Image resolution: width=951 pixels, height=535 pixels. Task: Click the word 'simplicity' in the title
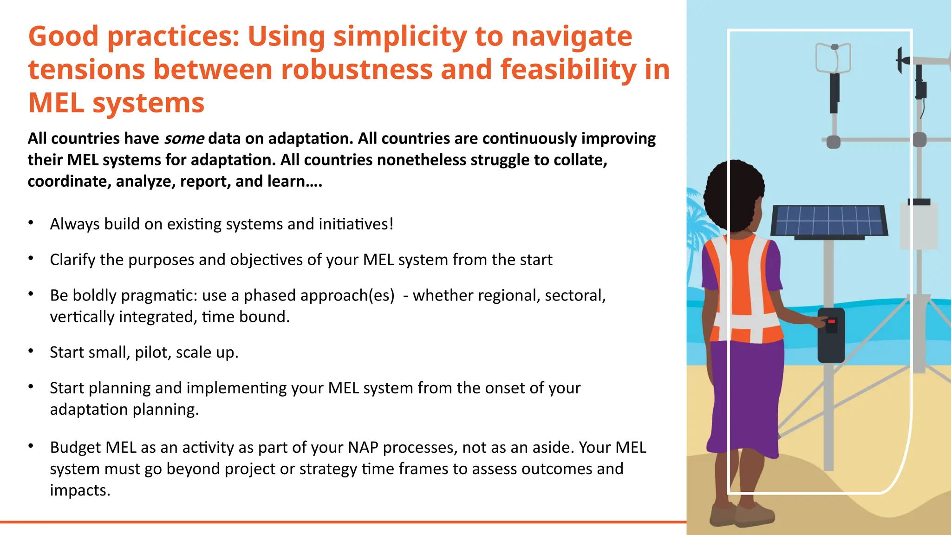[x=399, y=36]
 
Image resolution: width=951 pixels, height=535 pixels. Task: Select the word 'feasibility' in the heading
[x=568, y=70]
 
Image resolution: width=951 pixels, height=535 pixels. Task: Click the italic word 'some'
[x=184, y=138]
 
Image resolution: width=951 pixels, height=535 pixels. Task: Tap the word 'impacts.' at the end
[x=80, y=490]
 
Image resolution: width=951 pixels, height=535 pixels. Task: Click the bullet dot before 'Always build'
[x=31, y=223]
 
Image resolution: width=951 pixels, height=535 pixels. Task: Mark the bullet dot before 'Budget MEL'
[x=31, y=446]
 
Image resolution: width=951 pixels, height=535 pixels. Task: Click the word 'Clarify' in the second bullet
[x=72, y=260]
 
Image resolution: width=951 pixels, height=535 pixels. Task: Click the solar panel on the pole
[x=829, y=221]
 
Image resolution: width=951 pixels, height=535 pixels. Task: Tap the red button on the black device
[x=831, y=321]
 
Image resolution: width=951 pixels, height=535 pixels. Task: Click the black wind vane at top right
[x=901, y=60]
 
